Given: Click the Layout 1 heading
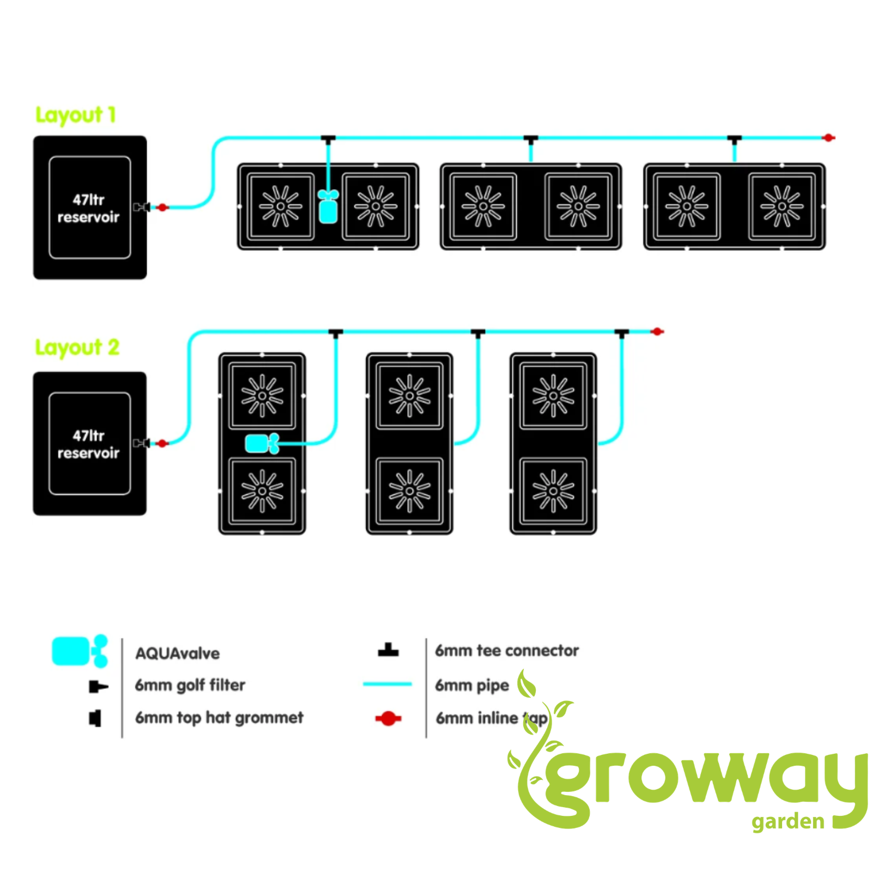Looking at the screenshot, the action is [76, 115].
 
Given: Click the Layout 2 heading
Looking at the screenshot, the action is [77, 347].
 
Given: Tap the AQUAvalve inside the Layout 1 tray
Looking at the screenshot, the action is [328, 207].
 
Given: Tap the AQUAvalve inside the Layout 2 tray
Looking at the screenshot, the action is [262, 444].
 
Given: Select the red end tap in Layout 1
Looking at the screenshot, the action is [828, 138].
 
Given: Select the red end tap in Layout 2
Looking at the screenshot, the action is [657, 331].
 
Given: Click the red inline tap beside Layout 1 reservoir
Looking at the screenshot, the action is [162, 208].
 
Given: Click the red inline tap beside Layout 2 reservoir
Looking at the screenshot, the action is [162, 444].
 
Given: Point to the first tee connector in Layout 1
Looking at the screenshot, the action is [328, 139].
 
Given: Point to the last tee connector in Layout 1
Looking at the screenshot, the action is [734, 139].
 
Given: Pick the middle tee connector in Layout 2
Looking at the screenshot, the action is [478, 332].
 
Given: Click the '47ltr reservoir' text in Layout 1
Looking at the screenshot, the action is [88, 208].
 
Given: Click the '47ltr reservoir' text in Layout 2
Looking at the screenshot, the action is [88, 444].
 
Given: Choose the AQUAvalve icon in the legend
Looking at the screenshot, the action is [80, 651].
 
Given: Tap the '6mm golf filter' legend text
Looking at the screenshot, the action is [190, 685].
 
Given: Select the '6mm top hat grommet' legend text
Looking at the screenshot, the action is [219, 718].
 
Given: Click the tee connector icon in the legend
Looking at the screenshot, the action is [388, 650].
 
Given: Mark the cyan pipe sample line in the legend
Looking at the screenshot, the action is [387, 683].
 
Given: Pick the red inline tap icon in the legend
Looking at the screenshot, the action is [388, 719].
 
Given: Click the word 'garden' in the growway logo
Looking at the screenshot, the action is [788, 822].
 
